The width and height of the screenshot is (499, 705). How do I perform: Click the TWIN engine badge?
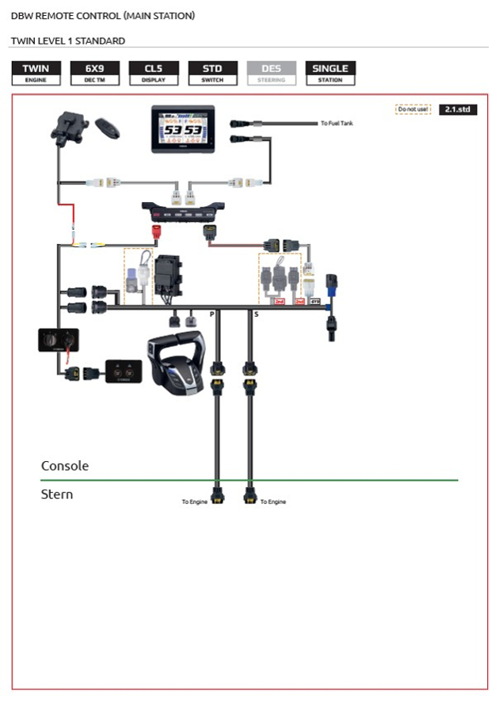point(36,73)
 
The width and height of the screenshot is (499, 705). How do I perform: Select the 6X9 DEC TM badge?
point(95,73)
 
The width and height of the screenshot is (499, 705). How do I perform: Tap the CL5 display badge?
point(154,73)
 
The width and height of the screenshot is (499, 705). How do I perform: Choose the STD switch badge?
point(212,73)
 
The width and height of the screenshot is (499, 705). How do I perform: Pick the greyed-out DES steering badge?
point(271,73)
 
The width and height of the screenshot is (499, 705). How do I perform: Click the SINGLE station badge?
point(330,73)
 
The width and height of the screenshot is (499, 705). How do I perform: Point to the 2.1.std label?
point(458,110)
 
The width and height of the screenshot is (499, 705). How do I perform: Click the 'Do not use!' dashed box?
point(413,110)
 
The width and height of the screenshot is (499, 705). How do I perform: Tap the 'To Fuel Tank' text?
point(336,124)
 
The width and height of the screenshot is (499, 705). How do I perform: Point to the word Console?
point(65,466)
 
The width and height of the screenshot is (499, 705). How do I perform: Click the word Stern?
point(57,494)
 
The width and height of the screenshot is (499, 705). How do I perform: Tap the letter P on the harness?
point(211,314)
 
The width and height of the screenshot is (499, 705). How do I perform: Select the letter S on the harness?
point(255,314)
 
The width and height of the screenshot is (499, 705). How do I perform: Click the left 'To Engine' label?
point(194,501)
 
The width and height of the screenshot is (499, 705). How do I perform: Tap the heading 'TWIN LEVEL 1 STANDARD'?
point(67,40)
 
